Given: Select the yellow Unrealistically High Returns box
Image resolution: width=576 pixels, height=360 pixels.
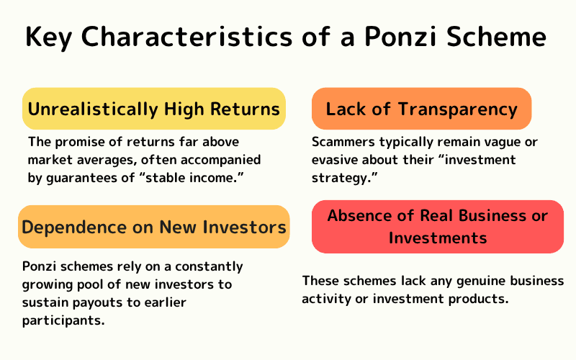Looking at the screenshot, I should tap(153, 109).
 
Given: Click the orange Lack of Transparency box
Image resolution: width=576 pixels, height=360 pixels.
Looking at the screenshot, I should tap(421, 109).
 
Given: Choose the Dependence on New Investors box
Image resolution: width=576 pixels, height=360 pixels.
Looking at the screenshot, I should tap(153, 228).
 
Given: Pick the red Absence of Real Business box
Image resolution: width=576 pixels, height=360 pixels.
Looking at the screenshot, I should tap(437, 226).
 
